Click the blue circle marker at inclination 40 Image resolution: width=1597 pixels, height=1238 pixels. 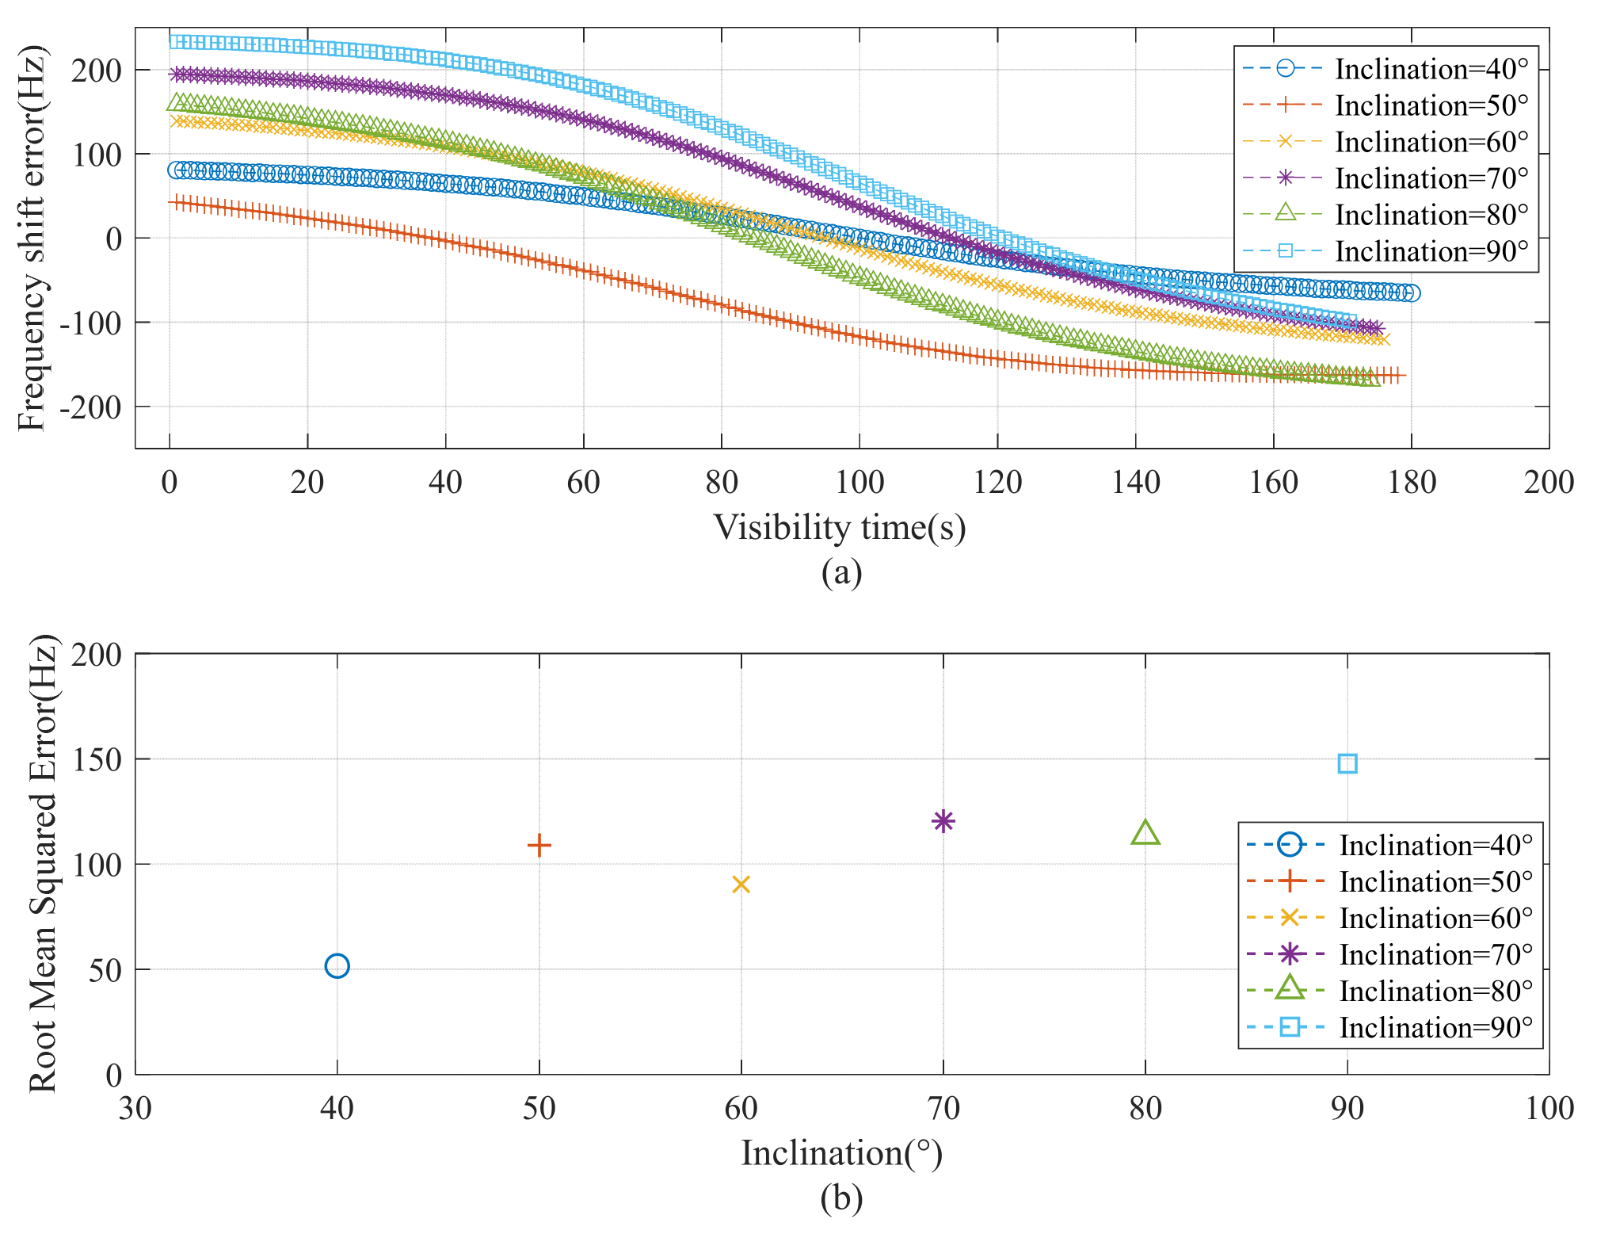(x=337, y=965)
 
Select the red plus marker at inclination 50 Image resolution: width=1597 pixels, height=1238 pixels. (x=539, y=845)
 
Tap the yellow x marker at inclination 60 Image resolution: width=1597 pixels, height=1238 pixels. (x=741, y=884)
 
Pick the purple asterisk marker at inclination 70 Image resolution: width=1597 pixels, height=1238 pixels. (x=943, y=820)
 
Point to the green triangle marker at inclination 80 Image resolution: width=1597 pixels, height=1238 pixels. (x=1145, y=833)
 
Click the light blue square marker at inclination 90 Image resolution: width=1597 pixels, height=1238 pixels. (x=1347, y=763)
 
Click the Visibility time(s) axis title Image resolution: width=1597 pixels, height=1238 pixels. (x=840, y=528)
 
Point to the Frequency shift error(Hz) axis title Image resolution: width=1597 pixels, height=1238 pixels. (x=32, y=238)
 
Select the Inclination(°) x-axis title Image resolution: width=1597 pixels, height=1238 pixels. (x=841, y=1152)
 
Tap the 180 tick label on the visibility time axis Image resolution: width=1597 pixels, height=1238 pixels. (x=1411, y=482)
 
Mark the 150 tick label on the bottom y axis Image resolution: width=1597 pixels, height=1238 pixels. (x=97, y=759)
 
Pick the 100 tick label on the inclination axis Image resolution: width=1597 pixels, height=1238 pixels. (x=1549, y=1108)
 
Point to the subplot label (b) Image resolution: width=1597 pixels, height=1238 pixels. (x=841, y=1198)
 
